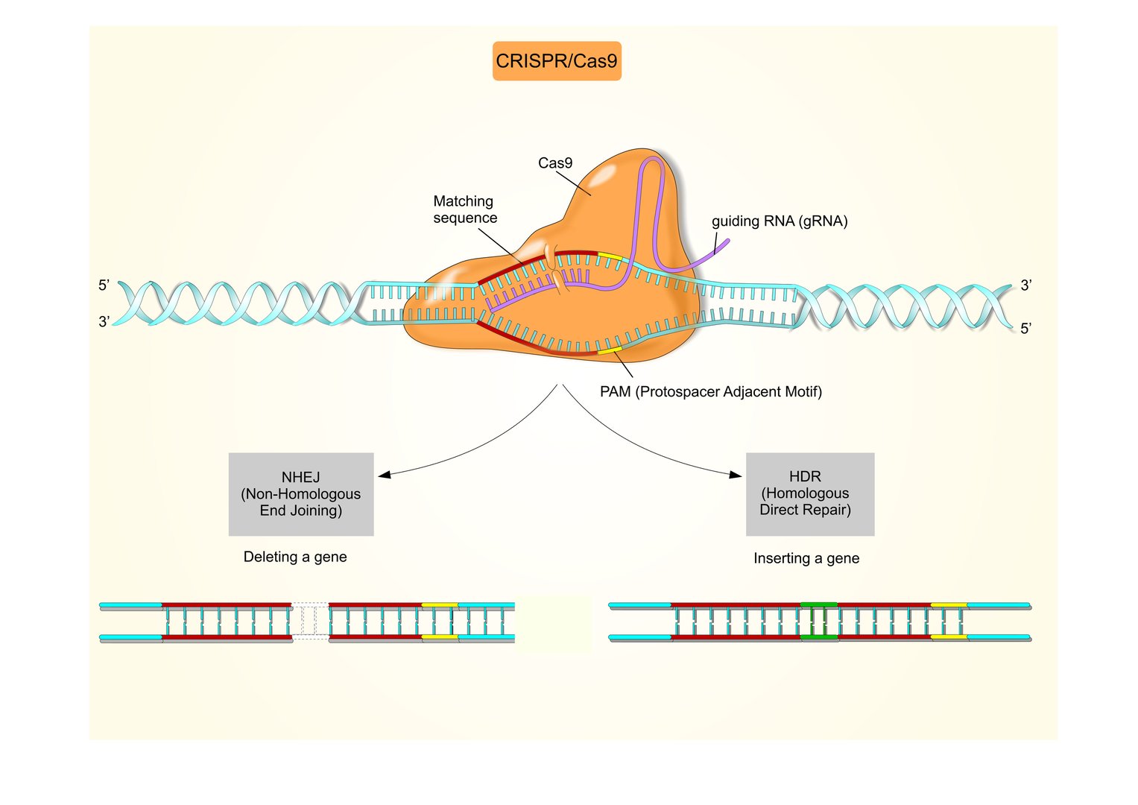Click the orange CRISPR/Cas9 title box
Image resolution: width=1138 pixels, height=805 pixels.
(x=557, y=61)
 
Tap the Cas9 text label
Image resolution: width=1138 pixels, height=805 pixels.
(x=555, y=163)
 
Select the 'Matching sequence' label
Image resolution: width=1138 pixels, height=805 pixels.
(x=464, y=209)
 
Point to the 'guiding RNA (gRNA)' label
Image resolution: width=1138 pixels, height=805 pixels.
(x=779, y=221)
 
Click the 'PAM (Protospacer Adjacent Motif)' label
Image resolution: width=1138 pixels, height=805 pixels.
(x=710, y=392)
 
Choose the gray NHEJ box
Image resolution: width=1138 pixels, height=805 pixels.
(x=300, y=494)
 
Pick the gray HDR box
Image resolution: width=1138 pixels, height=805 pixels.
(x=809, y=494)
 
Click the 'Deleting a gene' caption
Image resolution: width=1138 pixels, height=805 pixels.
(x=295, y=557)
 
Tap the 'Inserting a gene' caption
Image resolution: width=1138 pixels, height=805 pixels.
(x=806, y=558)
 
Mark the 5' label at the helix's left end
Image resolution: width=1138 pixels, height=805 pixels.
(x=104, y=285)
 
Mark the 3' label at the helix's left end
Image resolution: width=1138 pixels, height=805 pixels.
(x=104, y=322)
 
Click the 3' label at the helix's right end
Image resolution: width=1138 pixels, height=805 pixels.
(x=1025, y=285)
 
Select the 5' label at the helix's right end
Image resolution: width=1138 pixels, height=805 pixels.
(x=1025, y=329)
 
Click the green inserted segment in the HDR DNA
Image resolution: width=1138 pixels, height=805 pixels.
(x=818, y=621)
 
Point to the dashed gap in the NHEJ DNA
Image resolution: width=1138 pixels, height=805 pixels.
(x=309, y=621)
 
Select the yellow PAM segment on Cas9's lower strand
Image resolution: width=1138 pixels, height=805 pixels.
(x=609, y=350)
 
